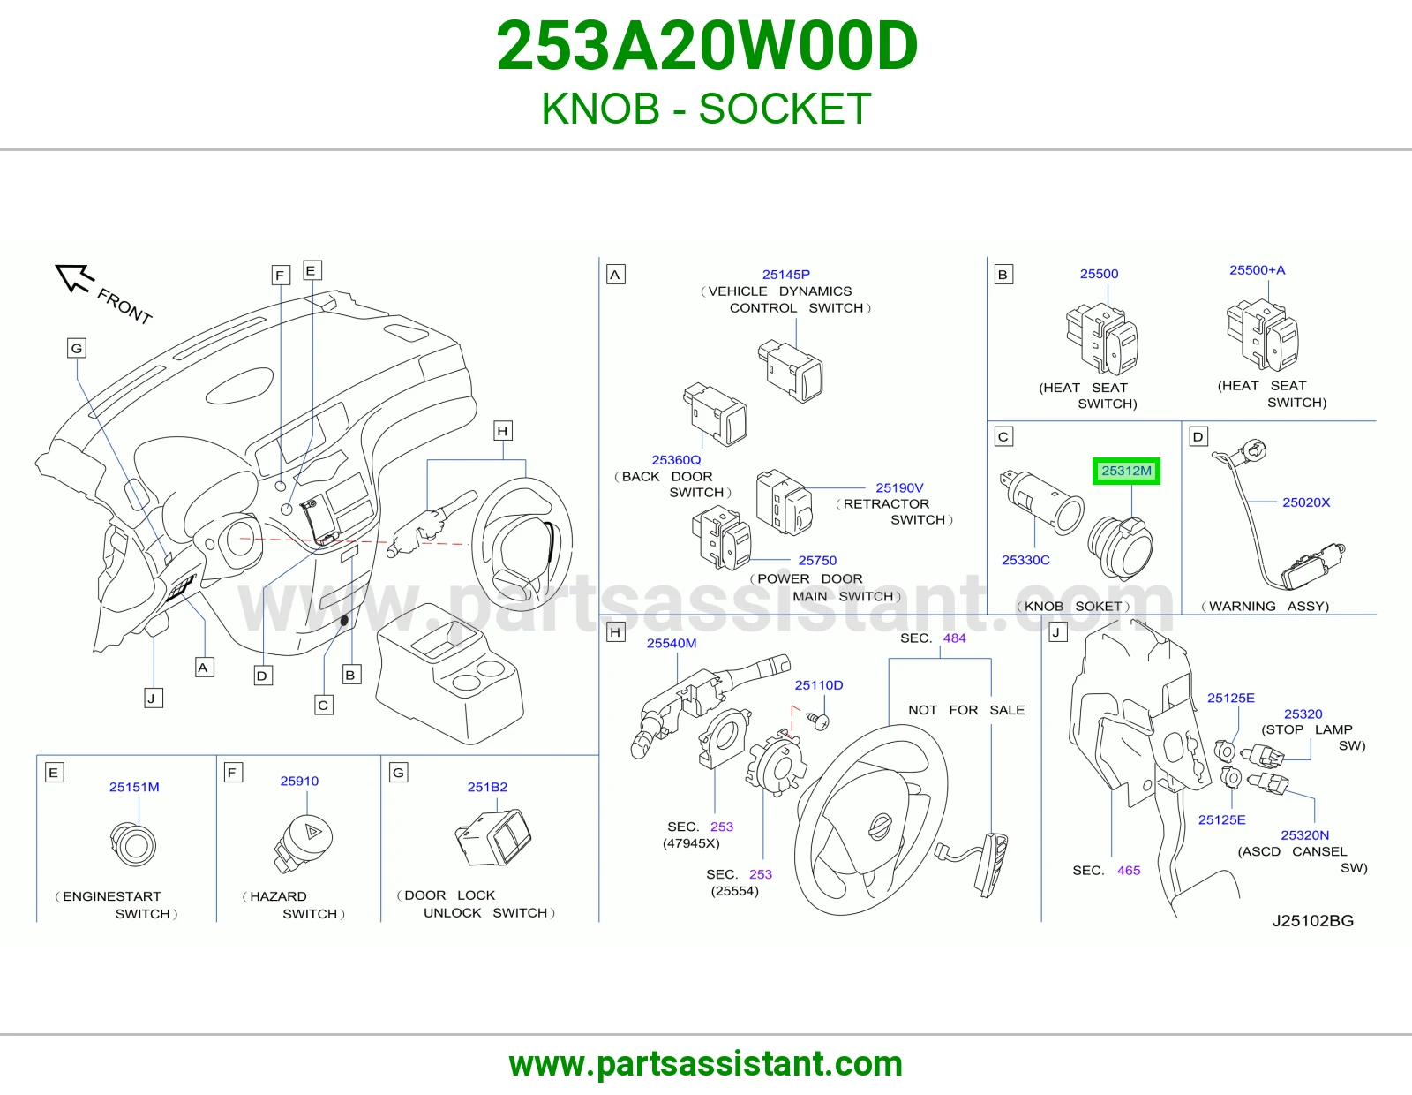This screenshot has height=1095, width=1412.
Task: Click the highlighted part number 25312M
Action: coord(1126,471)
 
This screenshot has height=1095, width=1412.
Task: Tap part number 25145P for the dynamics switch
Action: coord(786,275)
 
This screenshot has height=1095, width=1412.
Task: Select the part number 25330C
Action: coord(1025,560)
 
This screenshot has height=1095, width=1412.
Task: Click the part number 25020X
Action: coord(1306,502)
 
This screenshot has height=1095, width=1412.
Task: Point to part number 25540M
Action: coord(672,643)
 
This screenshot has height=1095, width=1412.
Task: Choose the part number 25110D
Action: coord(819,684)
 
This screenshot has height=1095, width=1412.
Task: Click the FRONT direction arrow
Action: coord(75,277)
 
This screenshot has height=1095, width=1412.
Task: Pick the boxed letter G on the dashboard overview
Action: coord(77,348)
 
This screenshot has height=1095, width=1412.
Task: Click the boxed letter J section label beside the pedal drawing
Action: coord(1058,632)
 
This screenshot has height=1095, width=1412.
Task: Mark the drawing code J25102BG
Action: coord(1312,921)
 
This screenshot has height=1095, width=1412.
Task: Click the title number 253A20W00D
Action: coord(707,46)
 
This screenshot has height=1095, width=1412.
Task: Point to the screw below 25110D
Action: coord(818,720)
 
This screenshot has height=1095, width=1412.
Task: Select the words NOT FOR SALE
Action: coord(966,709)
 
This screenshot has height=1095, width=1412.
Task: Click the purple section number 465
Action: coord(1129,870)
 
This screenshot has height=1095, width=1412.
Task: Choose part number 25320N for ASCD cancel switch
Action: coord(1305,834)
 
